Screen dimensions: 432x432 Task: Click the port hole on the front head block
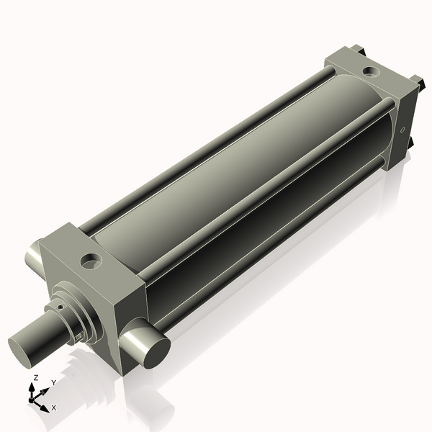[x=92, y=260]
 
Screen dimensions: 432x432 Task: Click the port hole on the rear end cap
[x=370, y=71]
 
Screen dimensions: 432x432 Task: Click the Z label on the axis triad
[x=36, y=377]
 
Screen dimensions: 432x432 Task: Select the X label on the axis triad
[x=54, y=408]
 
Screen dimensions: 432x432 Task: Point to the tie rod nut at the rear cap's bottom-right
[x=411, y=144]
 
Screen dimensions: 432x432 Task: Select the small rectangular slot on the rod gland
[x=77, y=335]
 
